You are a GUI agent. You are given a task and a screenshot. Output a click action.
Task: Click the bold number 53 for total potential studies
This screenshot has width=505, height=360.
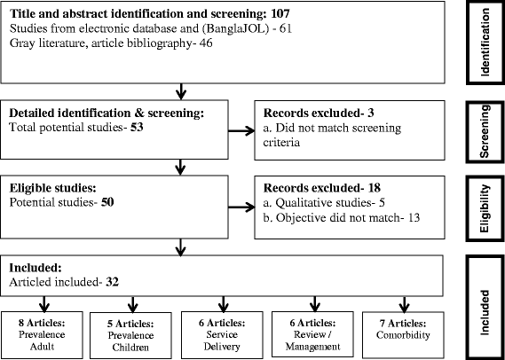point(118,129)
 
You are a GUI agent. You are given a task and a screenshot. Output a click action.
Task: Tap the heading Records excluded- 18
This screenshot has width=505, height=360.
point(313,190)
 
